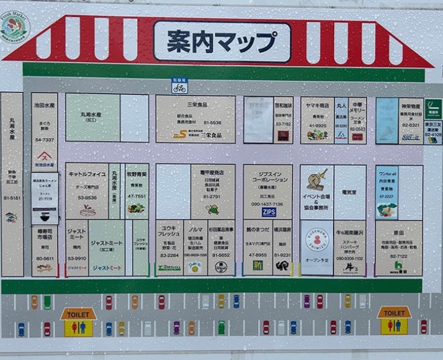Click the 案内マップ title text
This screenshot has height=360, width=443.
click(221, 42)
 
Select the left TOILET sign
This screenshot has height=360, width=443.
click(78, 313)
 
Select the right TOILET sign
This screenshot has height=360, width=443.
click(394, 313)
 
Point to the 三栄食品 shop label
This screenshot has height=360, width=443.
click(195, 105)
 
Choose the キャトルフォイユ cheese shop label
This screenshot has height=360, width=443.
click(87, 174)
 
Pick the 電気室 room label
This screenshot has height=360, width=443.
click(350, 193)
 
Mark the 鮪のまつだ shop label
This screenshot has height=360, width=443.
click(257, 230)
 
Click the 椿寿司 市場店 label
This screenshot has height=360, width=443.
click(44, 233)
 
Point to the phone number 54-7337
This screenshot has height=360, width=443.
click(44, 140)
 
